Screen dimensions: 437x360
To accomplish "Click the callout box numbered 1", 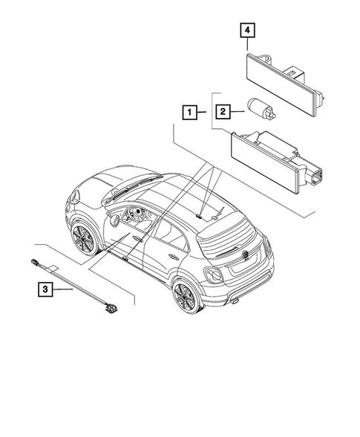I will (x=191, y=113).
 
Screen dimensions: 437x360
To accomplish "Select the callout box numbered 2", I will (x=222, y=112).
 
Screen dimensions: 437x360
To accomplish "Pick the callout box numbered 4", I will (x=246, y=31).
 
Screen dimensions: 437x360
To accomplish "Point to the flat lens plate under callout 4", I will (x=279, y=77).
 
